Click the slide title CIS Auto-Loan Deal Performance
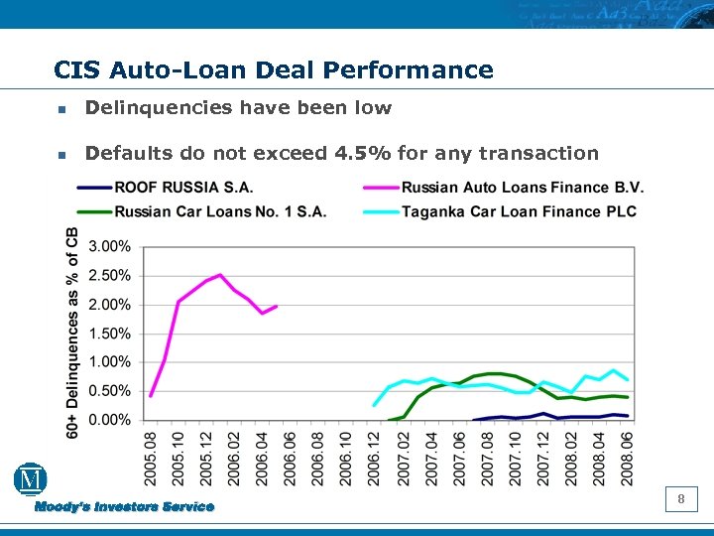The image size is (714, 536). [x=274, y=70]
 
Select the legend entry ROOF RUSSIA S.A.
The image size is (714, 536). [x=183, y=187]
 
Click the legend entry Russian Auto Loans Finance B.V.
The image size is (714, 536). [x=523, y=187]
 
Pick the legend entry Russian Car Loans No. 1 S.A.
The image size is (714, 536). [x=220, y=210]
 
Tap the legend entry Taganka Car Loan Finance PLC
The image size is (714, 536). [x=519, y=210]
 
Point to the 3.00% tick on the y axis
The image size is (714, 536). [x=110, y=246]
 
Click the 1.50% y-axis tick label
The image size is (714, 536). [x=110, y=334]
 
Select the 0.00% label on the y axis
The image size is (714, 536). [x=110, y=420]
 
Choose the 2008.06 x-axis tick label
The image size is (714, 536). [x=628, y=458]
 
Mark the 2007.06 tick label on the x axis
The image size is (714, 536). [x=459, y=458]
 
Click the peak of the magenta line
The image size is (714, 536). [x=220, y=275]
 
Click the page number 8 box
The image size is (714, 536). [x=681, y=499]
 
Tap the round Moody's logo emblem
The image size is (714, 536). [x=31, y=480]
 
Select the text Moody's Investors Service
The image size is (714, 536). [x=124, y=507]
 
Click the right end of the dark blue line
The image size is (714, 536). [x=628, y=416]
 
